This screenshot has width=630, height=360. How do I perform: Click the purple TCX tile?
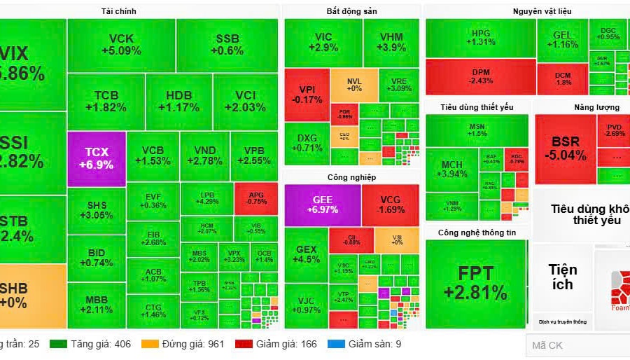[x=97, y=158]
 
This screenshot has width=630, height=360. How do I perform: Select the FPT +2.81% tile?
[x=476, y=282]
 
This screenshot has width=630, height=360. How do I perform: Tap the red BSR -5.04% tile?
[x=566, y=148]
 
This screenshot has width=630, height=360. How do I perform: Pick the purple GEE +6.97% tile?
[x=322, y=205]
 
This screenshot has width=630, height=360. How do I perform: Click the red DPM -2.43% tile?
[x=481, y=76]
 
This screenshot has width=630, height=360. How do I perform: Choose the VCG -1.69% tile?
[x=391, y=205]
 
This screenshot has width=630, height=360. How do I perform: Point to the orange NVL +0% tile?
[x=354, y=85]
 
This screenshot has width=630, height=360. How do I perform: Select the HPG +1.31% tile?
[x=481, y=38]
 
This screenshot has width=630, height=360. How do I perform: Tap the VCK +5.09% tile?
[x=121, y=45]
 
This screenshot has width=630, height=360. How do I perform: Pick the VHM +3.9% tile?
[x=391, y=42]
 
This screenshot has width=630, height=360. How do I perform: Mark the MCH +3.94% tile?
[x=451, y=169]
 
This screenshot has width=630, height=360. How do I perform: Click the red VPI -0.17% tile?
[x=307, y=94]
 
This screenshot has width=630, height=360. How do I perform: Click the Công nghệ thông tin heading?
[x=476, y=233]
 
